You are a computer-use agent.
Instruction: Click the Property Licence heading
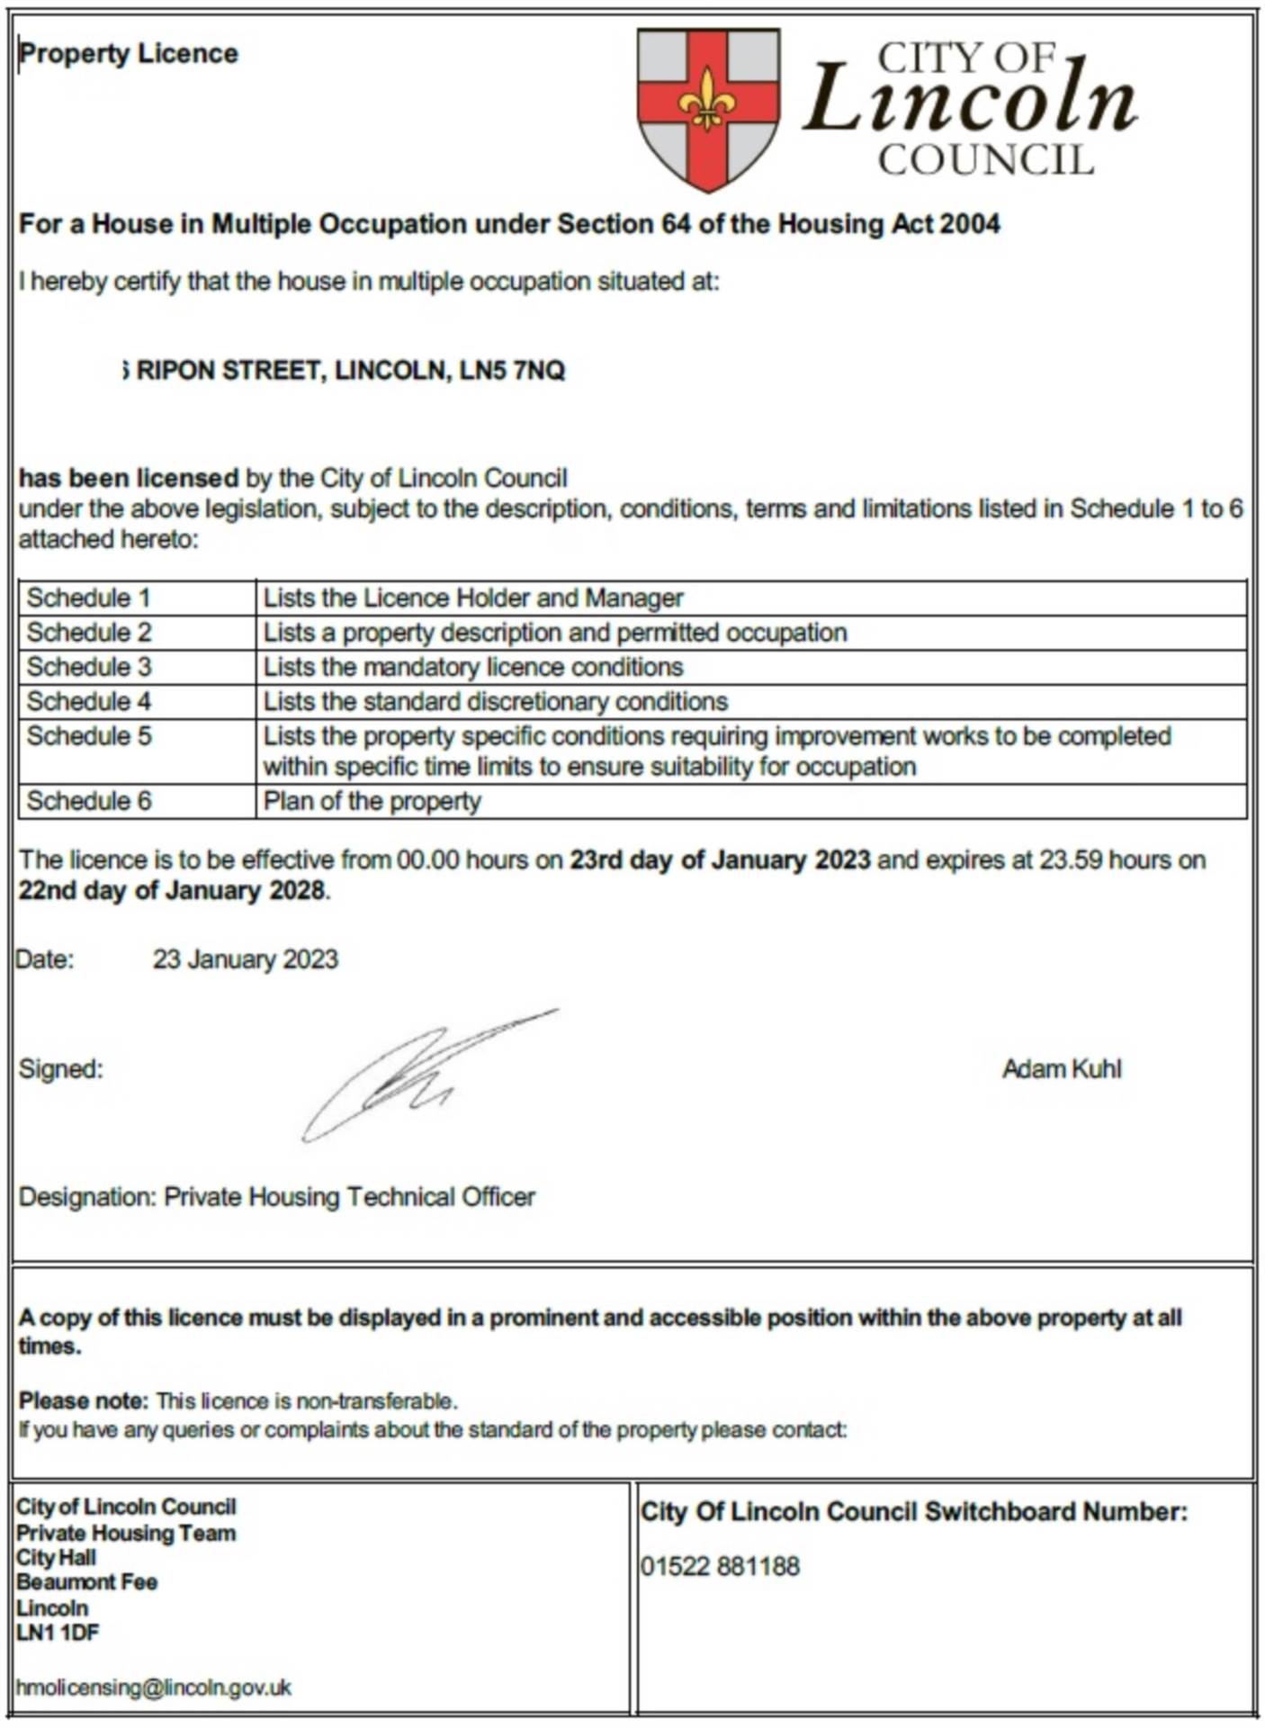[x=129, y=54]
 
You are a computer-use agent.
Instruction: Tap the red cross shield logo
[x=708, y=109]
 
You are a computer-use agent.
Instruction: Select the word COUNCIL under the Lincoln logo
[x=986, y=161]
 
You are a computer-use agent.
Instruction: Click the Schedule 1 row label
[x=88, y=598]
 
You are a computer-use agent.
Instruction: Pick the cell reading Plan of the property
[x=372, y=801]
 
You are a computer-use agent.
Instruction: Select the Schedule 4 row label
[x=88, y=701]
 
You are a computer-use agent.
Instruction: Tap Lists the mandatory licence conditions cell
[x=473, y=667]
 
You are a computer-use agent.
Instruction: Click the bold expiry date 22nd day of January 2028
[x=172, y=891]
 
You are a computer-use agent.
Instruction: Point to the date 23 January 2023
[x=245, y=959]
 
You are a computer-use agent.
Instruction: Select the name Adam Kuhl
[x=1062, y=1069]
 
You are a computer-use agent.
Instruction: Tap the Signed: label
[x=61, y=1069]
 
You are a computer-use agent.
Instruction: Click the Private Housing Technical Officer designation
[x=349, y=1197]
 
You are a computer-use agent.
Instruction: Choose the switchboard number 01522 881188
[x=720, y=1567]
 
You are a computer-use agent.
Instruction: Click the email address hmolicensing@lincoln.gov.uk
[x=154, y=1687]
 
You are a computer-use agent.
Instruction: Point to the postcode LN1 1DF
[x=58, y=1633]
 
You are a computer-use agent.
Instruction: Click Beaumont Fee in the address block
[x=87, y=1582]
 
